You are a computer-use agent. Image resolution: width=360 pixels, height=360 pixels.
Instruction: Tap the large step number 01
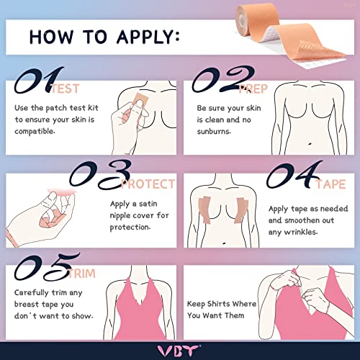35,82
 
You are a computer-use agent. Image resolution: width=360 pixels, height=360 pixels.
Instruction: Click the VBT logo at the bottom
179,348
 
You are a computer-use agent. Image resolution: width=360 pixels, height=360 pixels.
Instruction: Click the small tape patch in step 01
138,108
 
